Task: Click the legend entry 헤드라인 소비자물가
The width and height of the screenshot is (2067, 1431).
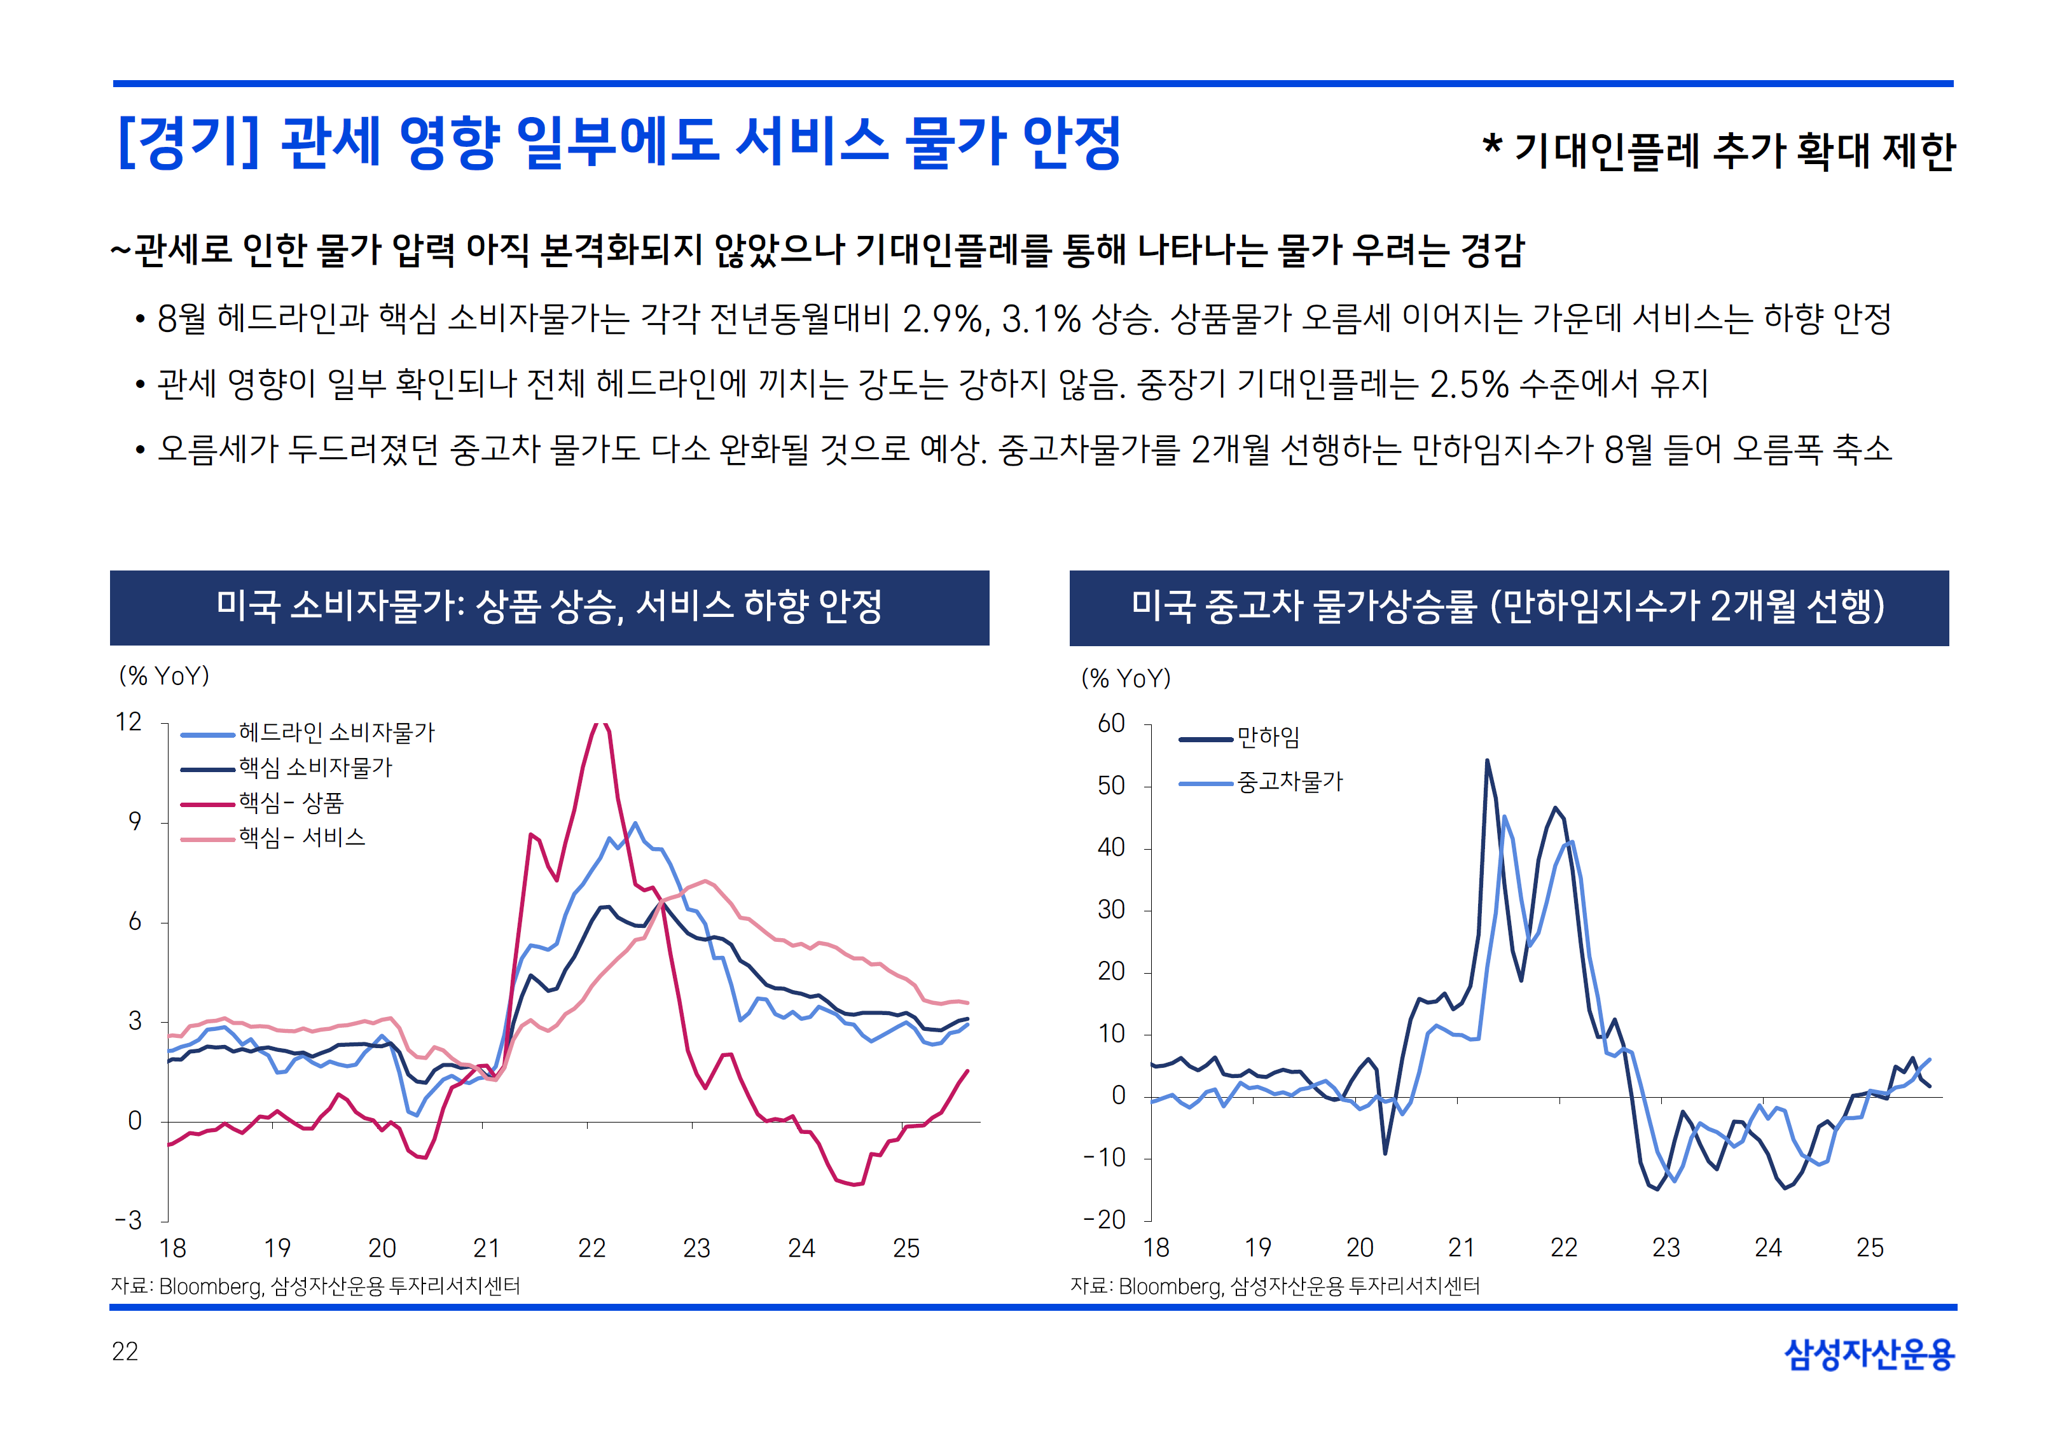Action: tap(336, 733)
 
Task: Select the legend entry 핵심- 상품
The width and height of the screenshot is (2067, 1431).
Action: tap(291, 803)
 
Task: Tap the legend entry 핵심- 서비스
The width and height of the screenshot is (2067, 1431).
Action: tap(301, 838)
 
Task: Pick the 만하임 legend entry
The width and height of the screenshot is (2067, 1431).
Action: tap(1268, 737)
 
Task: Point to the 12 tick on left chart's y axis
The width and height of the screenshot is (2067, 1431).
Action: tap(129, 722)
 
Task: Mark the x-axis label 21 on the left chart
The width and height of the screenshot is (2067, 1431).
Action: tap(486, 1248)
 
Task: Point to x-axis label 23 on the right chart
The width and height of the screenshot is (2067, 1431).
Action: tap(1666, 1248)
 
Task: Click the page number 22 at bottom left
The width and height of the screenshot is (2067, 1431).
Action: tap(125, 1352)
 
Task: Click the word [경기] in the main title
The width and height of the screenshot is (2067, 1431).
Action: tap(188, 144)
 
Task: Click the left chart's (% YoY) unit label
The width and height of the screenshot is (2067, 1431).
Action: tap(164, 676)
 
